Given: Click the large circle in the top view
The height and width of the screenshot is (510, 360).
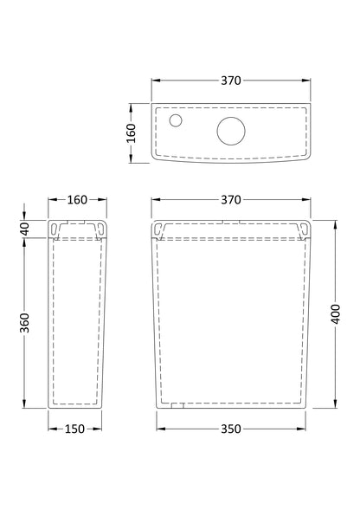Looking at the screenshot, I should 231,131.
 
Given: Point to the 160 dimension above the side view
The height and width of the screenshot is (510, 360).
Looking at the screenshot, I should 77,201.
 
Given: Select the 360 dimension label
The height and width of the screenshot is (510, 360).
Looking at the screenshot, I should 25,321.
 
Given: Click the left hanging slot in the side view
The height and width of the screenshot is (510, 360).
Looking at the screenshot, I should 57,228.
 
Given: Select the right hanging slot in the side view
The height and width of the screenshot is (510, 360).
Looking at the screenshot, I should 100,228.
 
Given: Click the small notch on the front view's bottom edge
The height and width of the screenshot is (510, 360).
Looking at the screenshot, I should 177,403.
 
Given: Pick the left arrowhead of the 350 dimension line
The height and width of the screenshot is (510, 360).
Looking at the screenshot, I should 159,426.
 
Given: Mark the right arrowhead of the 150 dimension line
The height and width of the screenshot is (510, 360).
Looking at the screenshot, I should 104,426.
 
